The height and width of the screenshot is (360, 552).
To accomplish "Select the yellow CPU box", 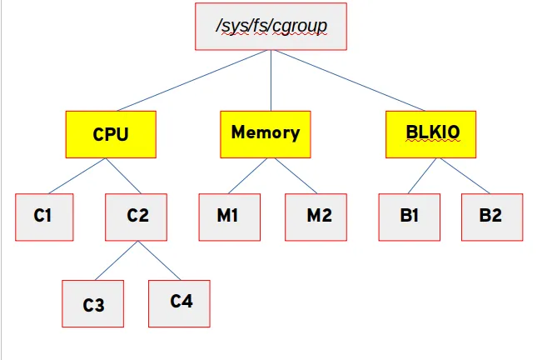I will coord(111,134).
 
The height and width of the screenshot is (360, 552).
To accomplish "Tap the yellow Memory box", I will coord(266,134).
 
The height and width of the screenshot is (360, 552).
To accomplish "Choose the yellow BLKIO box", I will coord(431,134).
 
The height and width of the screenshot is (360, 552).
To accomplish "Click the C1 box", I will coord(43,217).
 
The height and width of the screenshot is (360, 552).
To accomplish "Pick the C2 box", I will coord(137,217).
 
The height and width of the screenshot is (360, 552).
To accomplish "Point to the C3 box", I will coord(93,303).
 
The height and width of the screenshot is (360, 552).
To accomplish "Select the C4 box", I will coord(180,302).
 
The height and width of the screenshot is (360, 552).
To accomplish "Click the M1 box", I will coord(228,217).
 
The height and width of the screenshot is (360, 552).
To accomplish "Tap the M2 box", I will coord(317,217).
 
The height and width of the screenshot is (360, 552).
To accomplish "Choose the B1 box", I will coord(409,217).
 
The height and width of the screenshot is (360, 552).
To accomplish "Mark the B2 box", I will coord(491,217).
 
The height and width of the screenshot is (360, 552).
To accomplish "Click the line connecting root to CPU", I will coord(191,80).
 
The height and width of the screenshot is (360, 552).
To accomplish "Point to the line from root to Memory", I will coord(271,80).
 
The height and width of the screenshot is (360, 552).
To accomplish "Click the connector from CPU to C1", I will coord(79,176).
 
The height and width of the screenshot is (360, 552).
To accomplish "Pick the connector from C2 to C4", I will coord(159,260).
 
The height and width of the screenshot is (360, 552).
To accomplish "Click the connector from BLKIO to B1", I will coord(420,176).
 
